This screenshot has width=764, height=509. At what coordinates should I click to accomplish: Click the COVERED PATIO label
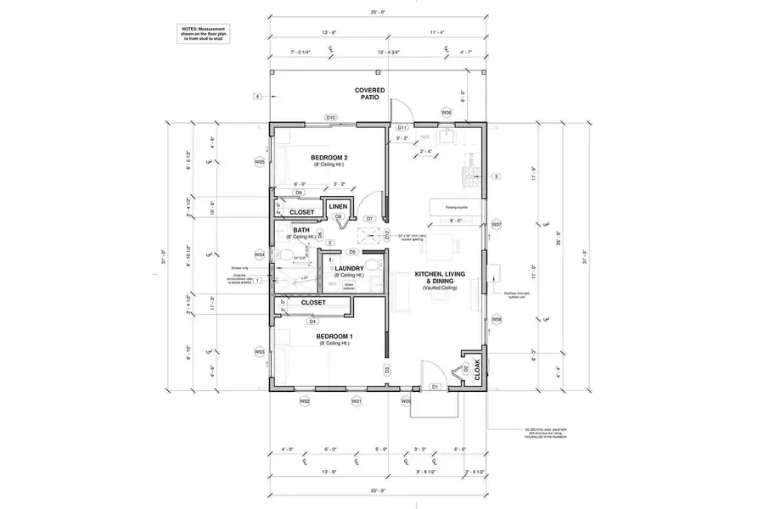369,93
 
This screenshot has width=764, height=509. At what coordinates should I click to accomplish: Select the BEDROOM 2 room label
329,159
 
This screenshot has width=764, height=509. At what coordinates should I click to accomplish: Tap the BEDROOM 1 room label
334,337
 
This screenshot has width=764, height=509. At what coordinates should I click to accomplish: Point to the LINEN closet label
339,206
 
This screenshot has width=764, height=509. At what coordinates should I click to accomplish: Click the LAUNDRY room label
349,268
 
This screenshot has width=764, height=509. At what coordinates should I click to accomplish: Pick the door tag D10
331,117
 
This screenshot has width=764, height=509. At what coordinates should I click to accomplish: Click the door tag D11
403,127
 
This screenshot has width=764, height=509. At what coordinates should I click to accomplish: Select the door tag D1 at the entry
434,387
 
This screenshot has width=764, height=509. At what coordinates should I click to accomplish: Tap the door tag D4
312,322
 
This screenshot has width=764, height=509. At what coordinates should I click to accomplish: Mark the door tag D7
370,218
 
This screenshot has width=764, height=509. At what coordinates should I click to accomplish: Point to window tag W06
446,112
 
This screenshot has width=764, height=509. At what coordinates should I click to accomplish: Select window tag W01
357,400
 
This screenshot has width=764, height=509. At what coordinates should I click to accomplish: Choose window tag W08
497,319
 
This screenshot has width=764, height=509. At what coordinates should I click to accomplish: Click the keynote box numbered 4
256,98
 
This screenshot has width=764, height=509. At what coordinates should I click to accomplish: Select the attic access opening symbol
369,236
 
